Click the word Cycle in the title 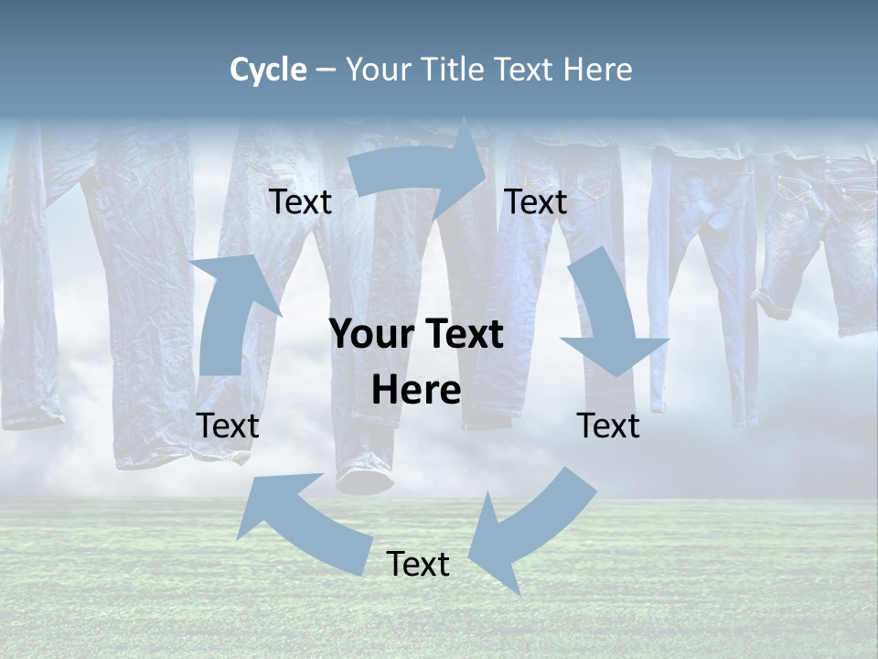coord(268,70)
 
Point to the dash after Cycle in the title coord(326,70)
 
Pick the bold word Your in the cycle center coord(366,335)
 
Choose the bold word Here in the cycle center coord(416,391)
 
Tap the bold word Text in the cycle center coord(461,335)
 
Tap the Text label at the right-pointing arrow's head coord(536,202)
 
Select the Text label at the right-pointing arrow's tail coord(300,202)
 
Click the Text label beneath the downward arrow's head coord(608,427)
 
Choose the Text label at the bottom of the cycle coord(418,565)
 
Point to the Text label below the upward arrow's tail coord(228,427)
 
